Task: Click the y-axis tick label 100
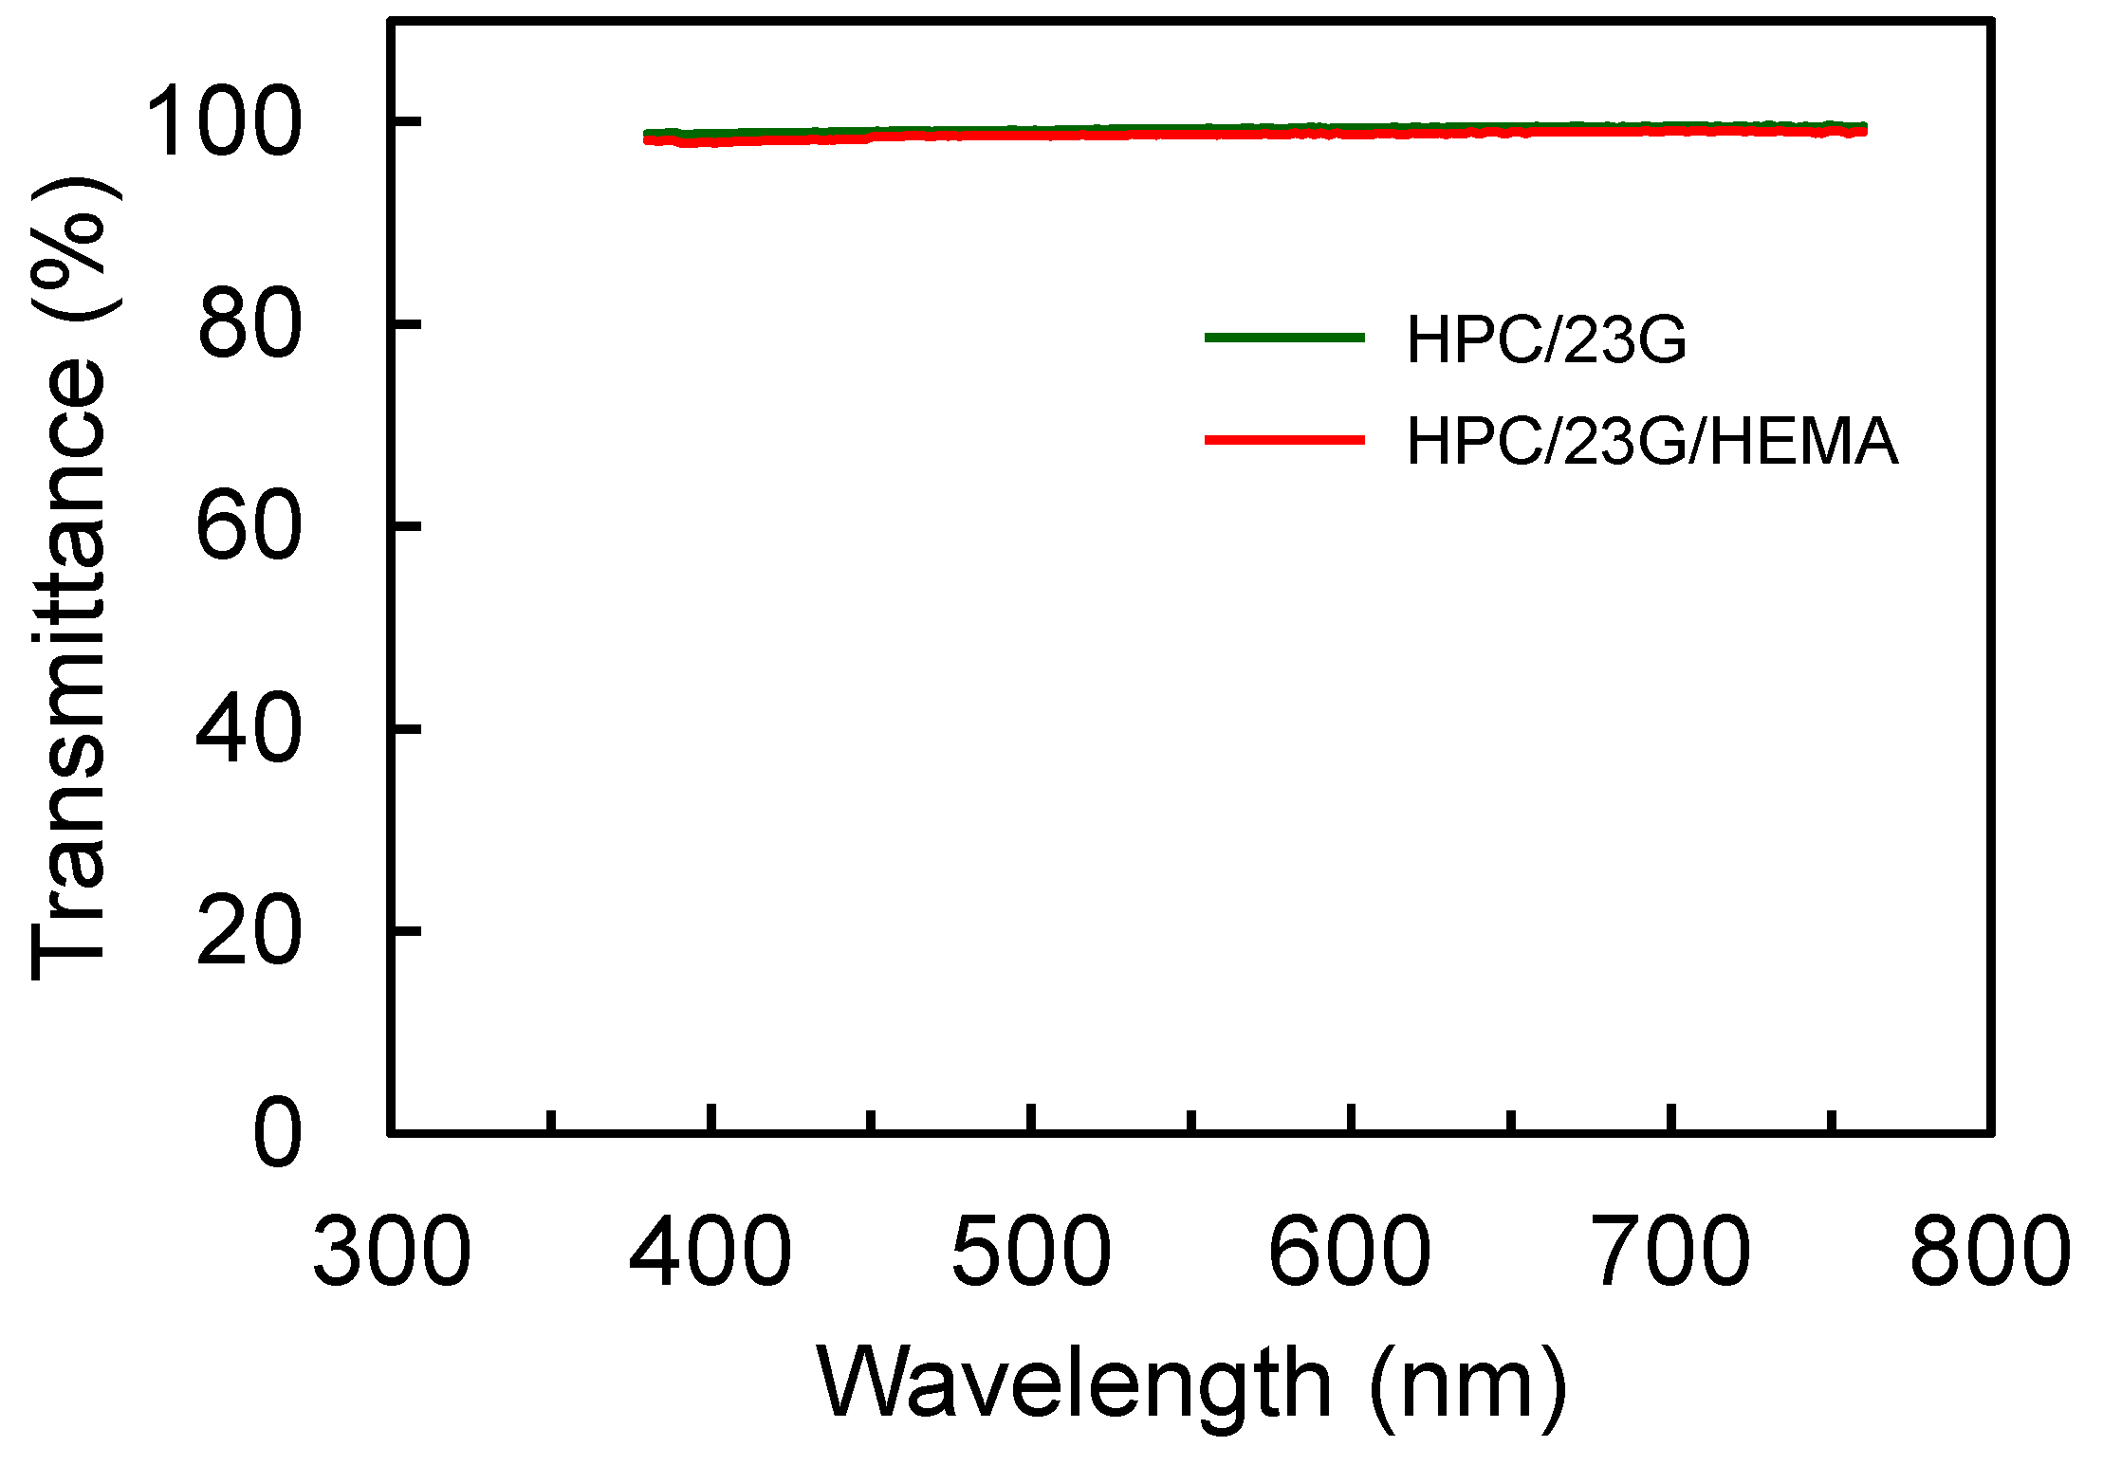point(224,121)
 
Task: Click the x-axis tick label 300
point(391,1253)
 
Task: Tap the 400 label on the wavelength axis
point(710,1253)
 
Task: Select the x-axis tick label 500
point(1031,1253)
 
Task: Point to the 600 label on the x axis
point(1351,1253)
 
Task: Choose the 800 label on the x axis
point(1990,1253)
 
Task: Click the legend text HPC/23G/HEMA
point(1651,441)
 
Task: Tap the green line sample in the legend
point(1284,338)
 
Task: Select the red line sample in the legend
point(1284,440)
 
